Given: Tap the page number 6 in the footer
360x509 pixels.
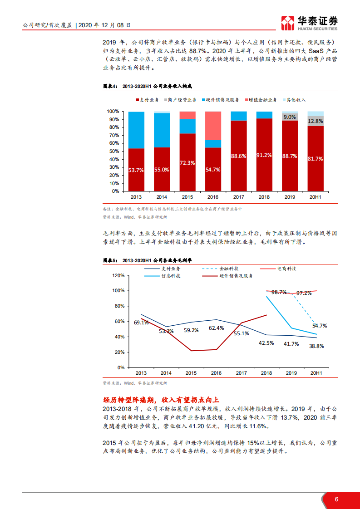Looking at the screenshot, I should pos(336,499).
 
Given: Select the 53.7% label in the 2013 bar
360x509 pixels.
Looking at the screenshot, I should pos(136,170).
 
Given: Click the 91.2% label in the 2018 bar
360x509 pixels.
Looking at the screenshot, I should pos(264,155).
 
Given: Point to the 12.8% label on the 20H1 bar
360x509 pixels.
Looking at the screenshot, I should pos(315,122).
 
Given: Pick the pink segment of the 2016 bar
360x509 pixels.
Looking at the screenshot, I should pos(213,126).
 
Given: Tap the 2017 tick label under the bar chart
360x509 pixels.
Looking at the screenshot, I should pos(238,197).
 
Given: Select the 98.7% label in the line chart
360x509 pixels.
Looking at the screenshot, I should pos(279,293).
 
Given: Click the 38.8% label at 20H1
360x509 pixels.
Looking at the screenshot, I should pos(316,346).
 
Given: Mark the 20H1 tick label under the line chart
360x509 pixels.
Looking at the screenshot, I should pos(316,373).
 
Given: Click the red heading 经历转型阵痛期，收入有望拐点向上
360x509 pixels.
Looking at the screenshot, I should pos(161,400).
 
